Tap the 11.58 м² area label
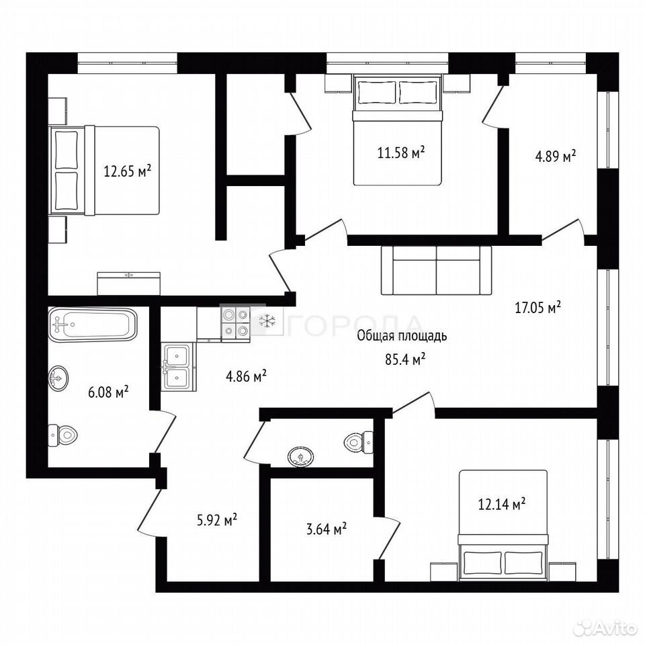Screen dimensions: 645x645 coord(401,153)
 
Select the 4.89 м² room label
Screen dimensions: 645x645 coord(555,157)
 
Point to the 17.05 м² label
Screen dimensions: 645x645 coord(538,307)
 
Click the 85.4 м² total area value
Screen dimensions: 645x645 coord(404,359)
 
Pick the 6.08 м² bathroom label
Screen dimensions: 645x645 coord(109,392)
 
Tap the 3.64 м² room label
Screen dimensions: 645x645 coord(326,529)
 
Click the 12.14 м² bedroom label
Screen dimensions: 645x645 coord(502,504)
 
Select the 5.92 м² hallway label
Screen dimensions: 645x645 coord(217,520)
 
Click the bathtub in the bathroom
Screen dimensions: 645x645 coord(92,324)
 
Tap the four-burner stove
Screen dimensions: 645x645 coord(236,324)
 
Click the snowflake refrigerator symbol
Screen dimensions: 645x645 coord(269,321)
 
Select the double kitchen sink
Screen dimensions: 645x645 coord(177,365)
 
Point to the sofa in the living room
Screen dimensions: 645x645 coord(437,270)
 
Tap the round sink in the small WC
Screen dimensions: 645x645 coord(301,457)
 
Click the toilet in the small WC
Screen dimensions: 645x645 coord(358,442)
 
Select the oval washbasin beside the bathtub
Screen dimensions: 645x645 coord(59,376)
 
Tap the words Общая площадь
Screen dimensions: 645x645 coord(402,336)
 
